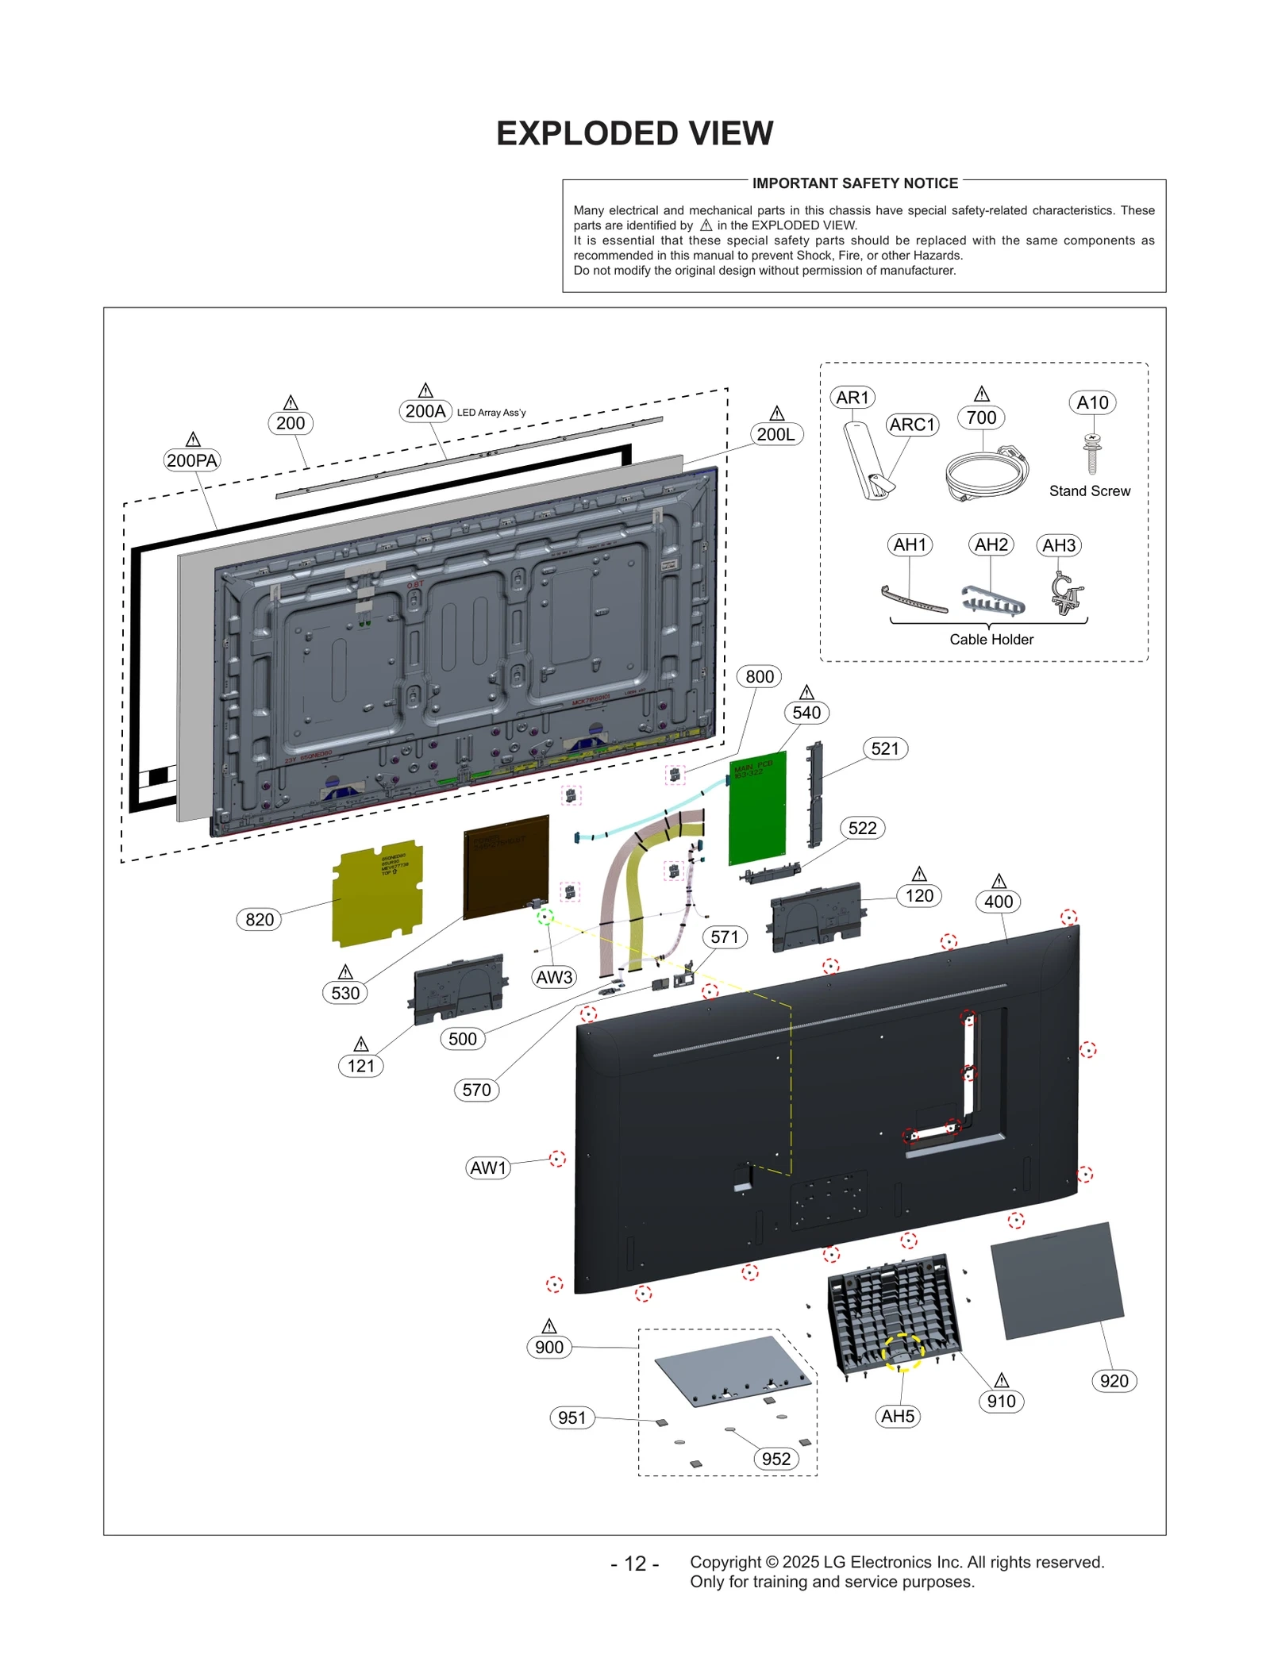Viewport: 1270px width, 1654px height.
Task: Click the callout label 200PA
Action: click(191, 460)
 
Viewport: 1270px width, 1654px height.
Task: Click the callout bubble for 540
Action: click(806, 713)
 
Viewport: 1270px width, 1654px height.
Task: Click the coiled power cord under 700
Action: click(986, 474)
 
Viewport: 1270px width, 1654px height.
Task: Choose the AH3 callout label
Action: click(1058, 545)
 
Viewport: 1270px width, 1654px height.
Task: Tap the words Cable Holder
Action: click(991, 640)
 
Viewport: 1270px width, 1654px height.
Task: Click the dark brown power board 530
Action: click(506, 867)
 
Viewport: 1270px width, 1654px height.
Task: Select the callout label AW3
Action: click(554, 977)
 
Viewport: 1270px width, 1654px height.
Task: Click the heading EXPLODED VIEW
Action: click(634, 133)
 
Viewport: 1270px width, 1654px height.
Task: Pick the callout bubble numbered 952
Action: click(775, 1459)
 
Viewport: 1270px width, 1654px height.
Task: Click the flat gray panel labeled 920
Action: click(1056, 1280)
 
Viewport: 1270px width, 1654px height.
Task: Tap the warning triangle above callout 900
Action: click(548, 1326)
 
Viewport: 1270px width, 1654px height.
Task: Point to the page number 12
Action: click(634, 1564)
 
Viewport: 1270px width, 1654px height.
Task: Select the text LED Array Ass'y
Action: click(491, 413)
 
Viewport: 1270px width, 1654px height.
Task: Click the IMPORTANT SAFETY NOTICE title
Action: click(854, 183)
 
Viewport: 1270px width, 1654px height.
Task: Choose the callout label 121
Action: click(360, 1066)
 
